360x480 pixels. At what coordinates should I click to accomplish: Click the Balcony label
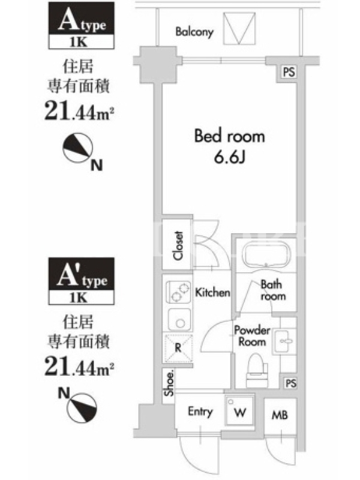(x=194, y=32)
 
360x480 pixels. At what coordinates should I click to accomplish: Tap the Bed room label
(x=230, y=136)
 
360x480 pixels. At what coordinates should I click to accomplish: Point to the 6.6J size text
(x=230, y=158)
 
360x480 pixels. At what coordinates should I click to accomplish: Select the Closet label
(x=178, y=245)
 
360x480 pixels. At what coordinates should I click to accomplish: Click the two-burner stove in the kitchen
(x=178, y=292)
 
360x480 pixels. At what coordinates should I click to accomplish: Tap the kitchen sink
(x=179, y=319)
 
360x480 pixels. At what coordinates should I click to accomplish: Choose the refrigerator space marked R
(x=179, y=348)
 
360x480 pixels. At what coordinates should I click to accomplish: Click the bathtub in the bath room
(x=265, y=254)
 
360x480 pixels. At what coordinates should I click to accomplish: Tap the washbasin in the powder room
(x=284, y=341)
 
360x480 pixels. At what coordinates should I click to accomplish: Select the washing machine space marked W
(x=239, y=412)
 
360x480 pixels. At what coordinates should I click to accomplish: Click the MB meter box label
(x=280, y=415)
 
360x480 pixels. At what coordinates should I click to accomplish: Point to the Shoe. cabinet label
(x=169, y=383)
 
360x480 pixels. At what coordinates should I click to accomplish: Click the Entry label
(x=200, y=412)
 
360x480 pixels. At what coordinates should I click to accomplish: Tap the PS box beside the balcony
(x=289, y=72)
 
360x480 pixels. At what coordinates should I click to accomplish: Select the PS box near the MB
(x=290, y=383)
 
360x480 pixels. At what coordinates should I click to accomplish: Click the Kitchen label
(x=213, y=292)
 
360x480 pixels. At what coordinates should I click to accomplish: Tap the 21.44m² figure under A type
(x=79, y=112)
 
